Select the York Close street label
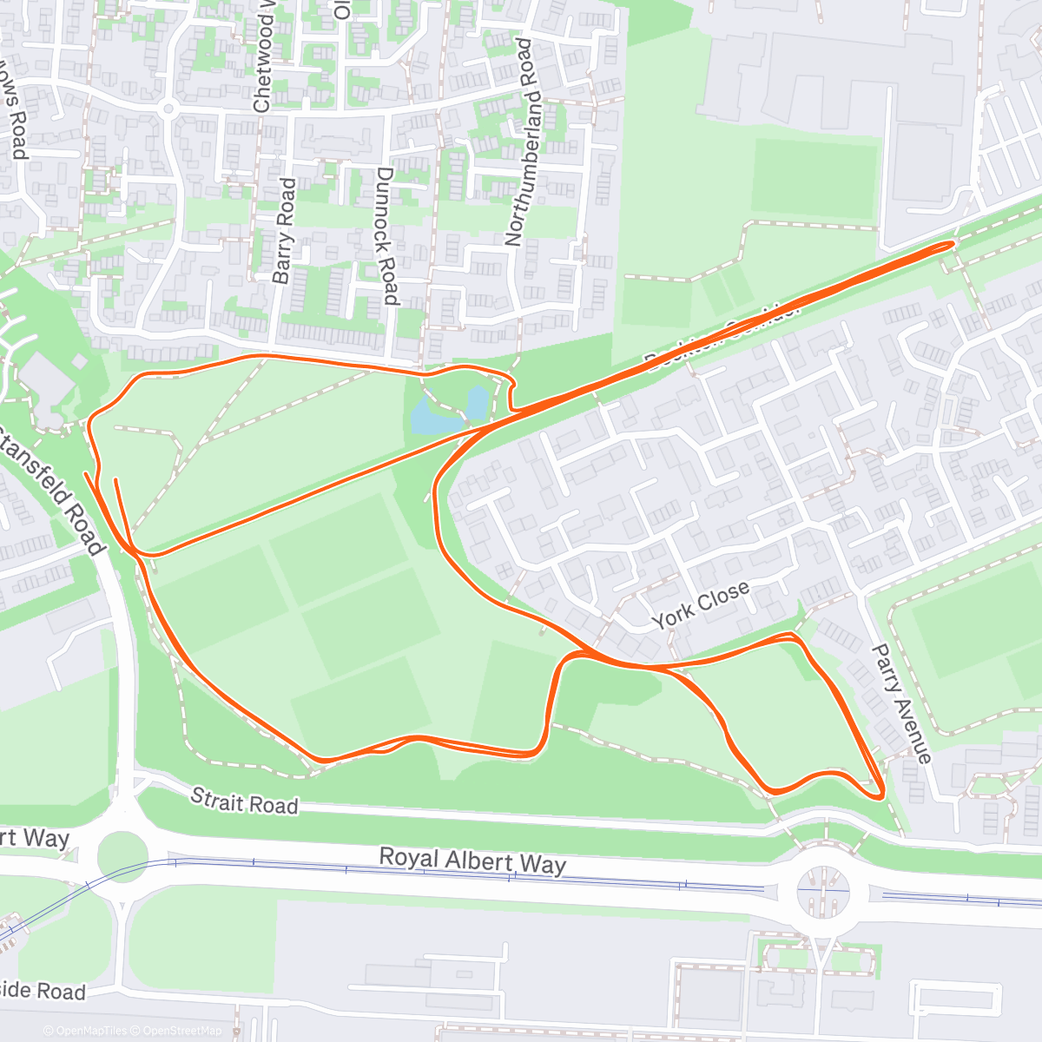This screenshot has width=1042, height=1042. tap(701, 605)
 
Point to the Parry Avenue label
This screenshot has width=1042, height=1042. tap(901, 703)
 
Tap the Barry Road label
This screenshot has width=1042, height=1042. tap(284, 230)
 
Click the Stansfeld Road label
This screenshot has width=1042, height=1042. tap(54, 491)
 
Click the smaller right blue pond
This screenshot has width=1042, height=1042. tap(478, 401)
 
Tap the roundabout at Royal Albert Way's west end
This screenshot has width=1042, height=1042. tap(122, 855)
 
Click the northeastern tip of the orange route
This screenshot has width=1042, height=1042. tap(952, 244)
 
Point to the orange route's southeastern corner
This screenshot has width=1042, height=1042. tap(880, 792)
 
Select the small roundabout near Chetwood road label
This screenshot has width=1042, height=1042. tap(168, 109)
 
